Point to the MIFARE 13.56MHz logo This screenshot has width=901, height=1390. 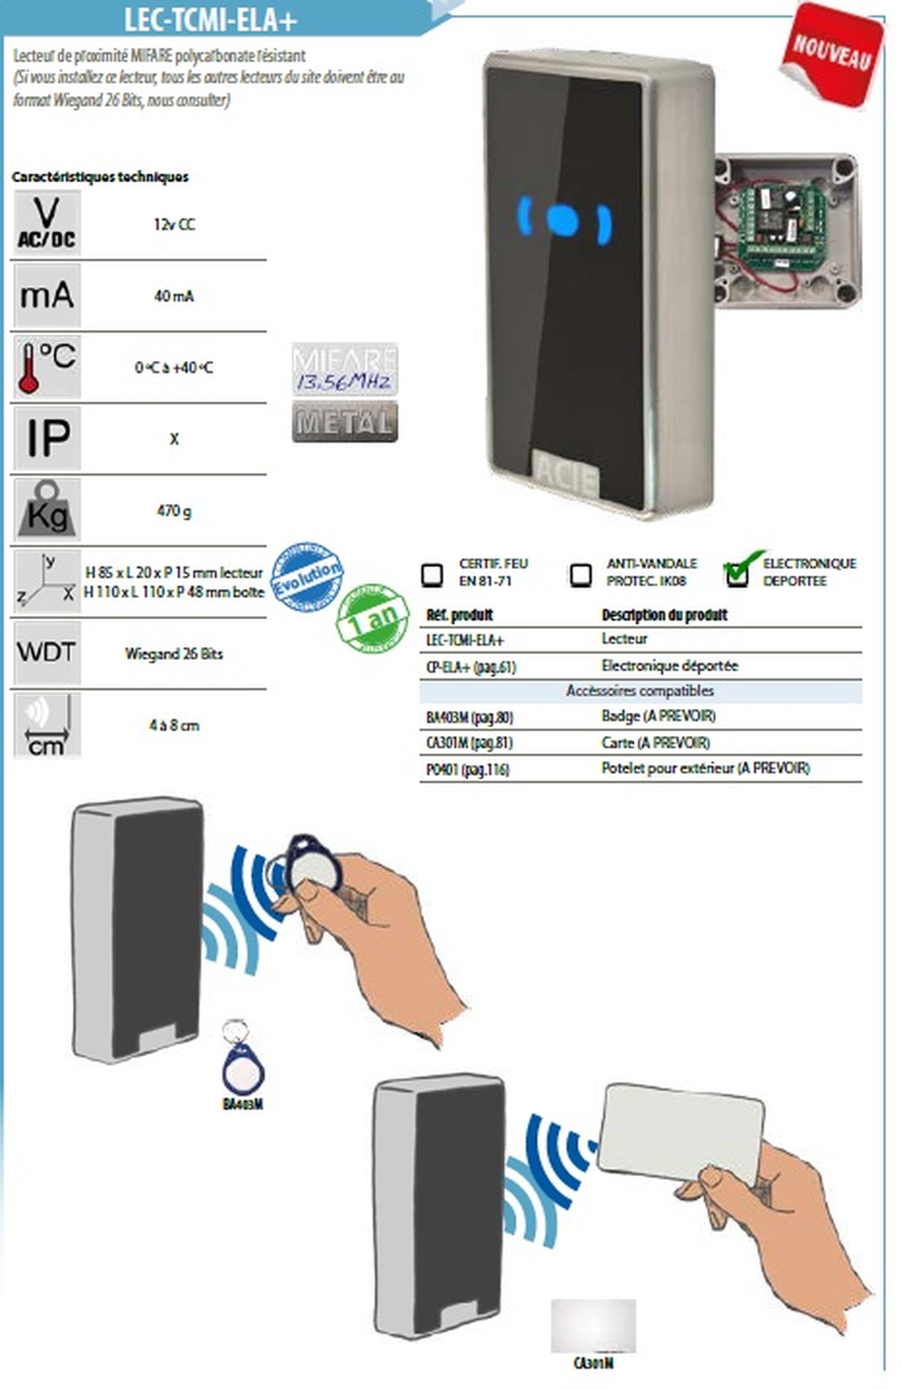[345, 369]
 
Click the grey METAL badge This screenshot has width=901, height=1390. [345, 421]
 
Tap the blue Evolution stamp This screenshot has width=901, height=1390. [307, 577]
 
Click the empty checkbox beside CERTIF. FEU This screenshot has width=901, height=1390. [432, 575]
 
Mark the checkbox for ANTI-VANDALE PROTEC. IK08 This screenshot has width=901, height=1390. [580, 575]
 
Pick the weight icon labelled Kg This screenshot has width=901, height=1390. [47, 509]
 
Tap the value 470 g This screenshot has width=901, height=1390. [173, 511]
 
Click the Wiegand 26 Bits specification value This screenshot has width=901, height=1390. [173, 654]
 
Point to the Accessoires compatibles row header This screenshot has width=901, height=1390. [640, 691]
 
